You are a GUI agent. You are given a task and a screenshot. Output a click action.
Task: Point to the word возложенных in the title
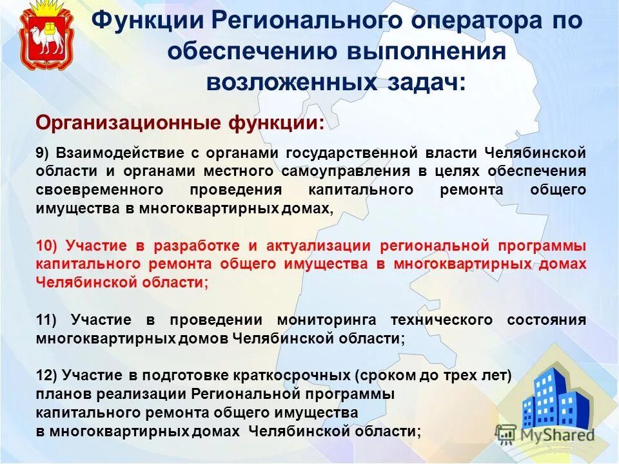pyautogui.click(x=291, y=82)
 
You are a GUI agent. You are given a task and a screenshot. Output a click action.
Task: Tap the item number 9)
pyautogui.click(x=43, y=153)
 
